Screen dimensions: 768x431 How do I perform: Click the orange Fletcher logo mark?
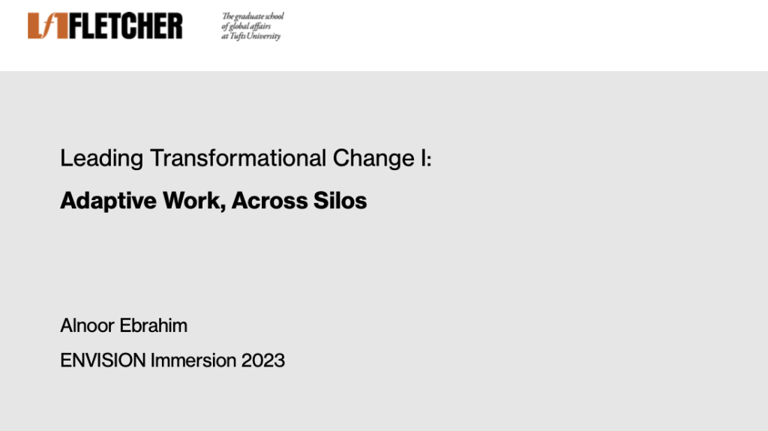click(x=47, y=25)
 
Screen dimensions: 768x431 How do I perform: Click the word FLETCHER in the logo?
click(x=126, y=26)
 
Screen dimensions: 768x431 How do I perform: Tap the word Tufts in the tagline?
click(x=238, y=36)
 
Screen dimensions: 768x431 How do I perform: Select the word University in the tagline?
click(x=265, y=36)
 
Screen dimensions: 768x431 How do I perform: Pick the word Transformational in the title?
click(x=238, y=158)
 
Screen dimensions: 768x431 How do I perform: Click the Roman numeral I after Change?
click(x=424, y=158)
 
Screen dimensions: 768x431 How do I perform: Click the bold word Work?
click(x=194, y=201)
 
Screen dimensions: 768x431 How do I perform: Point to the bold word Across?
click(x=269, y=201)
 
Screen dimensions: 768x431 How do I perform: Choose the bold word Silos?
click(x=340, y=201)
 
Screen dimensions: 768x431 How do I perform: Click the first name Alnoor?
click(x=87, y=326)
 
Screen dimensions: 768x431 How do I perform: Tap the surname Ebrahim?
click(x=153, y=326)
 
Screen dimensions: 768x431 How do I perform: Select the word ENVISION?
click(x=103, y=361)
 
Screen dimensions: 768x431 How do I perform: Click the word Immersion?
click(x=193, y=361)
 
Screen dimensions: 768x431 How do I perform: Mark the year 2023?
click(x=263, y=361)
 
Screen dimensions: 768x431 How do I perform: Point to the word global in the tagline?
click(x=238, y=26)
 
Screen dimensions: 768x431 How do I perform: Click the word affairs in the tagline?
click(x=260, y=26)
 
